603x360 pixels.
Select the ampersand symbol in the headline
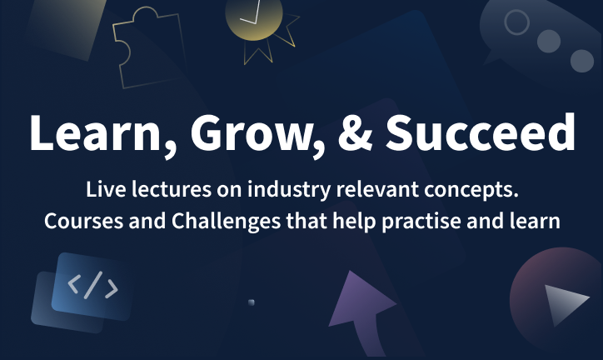(x=355, y=132)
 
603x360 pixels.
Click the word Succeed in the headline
(x=481, y=132)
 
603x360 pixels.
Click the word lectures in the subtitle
(x=171, y=189)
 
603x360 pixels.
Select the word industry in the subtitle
(x=289, y=190)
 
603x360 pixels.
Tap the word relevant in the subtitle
(x=377, y=189)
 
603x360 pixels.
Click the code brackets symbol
(x=92, y=285)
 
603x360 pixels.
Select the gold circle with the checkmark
(x=254, y=19)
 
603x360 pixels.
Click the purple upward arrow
(x=361, y=307)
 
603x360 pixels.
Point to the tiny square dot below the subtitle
(x=252, y=302)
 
